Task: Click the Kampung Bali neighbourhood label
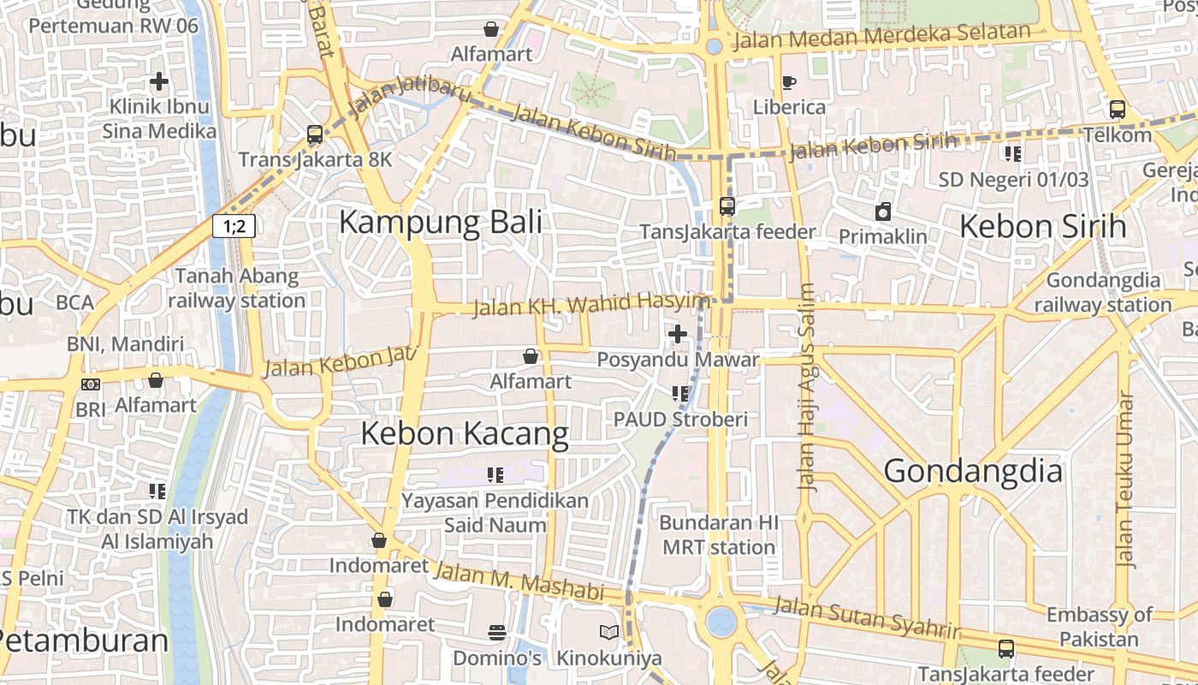click(441, 222)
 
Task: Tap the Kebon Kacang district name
click(465, 433)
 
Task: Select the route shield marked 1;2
click(234, 226)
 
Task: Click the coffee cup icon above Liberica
click(788, 82)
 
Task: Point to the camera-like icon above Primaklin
click(882, 211)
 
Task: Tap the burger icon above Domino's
click(497, 633)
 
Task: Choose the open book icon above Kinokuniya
click(609, 633)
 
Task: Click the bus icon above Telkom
click(1118, 110)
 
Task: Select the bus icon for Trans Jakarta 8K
click(315, 134)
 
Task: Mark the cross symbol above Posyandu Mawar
click(678, 333)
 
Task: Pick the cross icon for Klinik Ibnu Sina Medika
click(159, 81)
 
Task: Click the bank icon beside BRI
click(90, 384)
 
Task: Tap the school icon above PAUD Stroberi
click(680, 394)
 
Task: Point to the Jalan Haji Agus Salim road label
click(807, 387)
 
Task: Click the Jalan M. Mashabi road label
click(519, 581)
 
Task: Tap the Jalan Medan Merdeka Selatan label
click(882, 37)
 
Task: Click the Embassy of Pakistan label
click(1100, 627)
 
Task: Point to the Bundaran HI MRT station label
click(719, 534)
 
